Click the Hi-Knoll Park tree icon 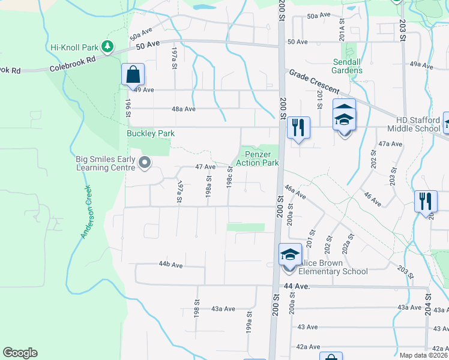coord(108,46)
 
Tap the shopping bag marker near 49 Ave coord(133,76)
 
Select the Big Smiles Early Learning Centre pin coord(145,163)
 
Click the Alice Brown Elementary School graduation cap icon coord(289,255)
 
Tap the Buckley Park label coord(149,133)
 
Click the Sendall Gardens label coord(348,66)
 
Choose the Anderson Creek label coord(86,212)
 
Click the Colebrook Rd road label coord(73,60)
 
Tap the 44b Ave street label coord(170,264)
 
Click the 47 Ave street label coord(205,167)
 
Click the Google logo coord(20,353)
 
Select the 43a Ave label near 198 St coord(223,308)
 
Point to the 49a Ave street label coord(421,64)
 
